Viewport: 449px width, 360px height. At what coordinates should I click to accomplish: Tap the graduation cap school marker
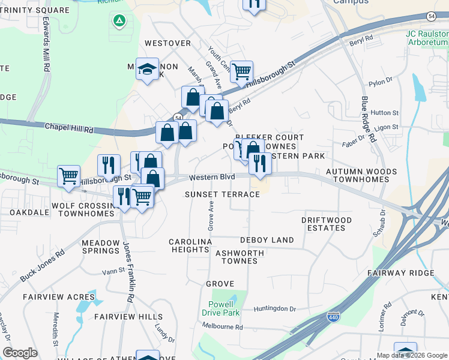146,70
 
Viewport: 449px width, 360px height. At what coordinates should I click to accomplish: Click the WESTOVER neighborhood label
167,43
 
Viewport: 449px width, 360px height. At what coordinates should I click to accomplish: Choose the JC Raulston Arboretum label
427,38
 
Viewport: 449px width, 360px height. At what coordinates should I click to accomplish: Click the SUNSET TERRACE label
222,194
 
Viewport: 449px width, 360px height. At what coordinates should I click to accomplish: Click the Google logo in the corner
20,353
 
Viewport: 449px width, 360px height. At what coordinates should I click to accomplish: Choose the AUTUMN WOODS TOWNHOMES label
361,175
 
